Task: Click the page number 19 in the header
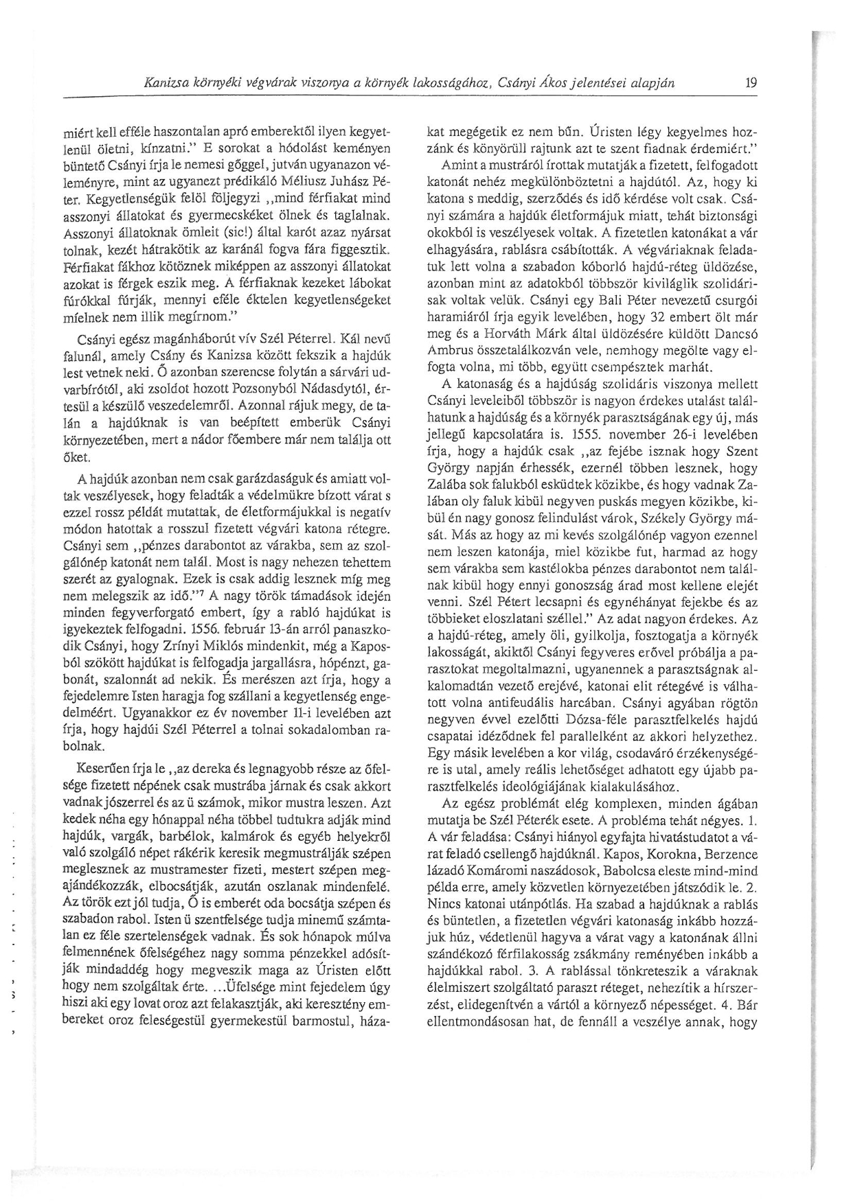[750, 84]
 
